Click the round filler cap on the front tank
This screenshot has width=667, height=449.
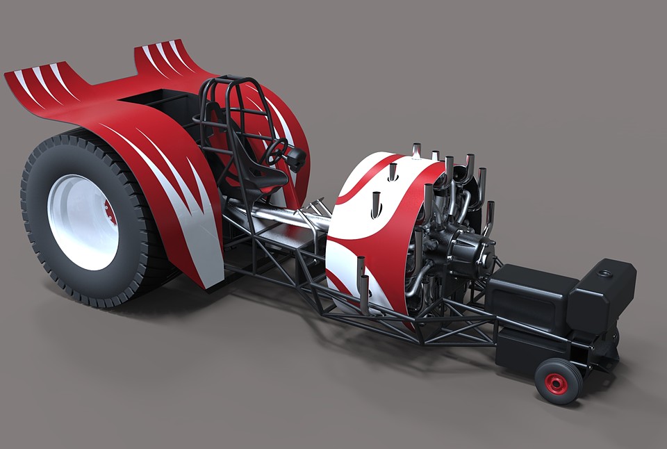tap(607, 268)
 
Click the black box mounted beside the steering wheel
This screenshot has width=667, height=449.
tap(297, 160)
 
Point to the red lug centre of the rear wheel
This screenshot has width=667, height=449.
tap(107, 209)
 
